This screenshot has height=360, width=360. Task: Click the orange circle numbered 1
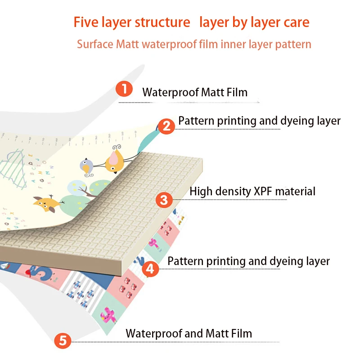tap(124, 88)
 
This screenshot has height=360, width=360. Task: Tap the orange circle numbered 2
tap(166, 126)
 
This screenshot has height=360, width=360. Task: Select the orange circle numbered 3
tap(164, 199)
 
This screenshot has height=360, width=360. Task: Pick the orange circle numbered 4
tap(150, 269)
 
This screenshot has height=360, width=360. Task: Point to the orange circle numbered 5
tap(63, 340)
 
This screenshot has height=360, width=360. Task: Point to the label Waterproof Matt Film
tap(195, 93)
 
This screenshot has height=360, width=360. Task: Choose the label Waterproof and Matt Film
tap(189, 333)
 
